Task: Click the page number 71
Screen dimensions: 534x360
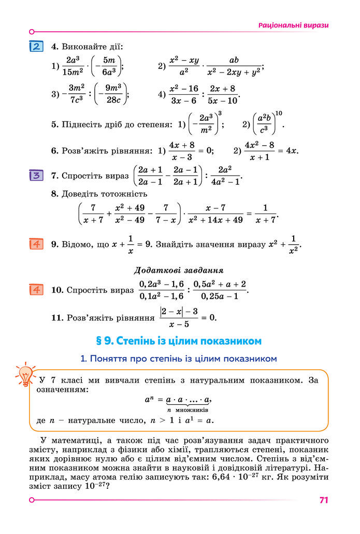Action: pyautogui.click(x=324, y=500)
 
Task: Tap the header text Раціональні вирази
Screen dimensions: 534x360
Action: pyautogui.click(x=293, y=25)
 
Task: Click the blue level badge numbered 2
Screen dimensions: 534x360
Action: pyautogui.click(x=36, y=46)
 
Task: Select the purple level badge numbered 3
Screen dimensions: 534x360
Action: pyautogui.click(x=36, y=175)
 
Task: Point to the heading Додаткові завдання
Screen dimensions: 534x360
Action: pyautogui.click(x=179, y=270)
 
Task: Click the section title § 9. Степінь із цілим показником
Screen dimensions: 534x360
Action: pyautogui.click(x=179, y=341)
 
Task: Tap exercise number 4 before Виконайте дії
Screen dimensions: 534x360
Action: pyautogui.click(x=54, y=47)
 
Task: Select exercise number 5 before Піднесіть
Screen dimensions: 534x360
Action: pyautogui.click(x=54, y=124)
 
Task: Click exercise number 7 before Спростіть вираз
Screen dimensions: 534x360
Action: pyautogui.click(x=54, y=176)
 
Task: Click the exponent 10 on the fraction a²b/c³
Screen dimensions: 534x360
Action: pyautogui.click(x=279, y=114)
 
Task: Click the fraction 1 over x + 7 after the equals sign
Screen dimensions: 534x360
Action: pyautogui.click(x=265, y=214)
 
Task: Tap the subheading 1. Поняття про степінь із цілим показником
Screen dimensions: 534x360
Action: pyautogui.click(x=179, y=358)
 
